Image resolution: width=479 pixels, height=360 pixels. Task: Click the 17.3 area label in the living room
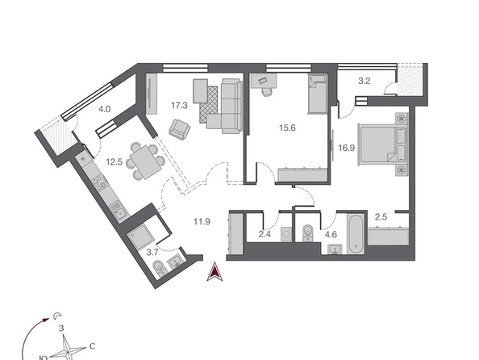coord(179,106)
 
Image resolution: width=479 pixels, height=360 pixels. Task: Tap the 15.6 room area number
coord(287,128)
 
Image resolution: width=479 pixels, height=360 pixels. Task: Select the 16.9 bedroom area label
coord(347,148)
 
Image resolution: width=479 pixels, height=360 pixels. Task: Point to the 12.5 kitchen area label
coord(115,161)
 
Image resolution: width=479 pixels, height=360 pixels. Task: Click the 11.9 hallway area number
coord(202,221)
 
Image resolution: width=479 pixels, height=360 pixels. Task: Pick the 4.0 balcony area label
coord(105,109)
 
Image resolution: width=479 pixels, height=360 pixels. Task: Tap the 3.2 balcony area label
coord(364,81)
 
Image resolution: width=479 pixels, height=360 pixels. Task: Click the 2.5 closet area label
coord(381,217)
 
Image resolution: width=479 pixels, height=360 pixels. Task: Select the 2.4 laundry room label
coord(264,234)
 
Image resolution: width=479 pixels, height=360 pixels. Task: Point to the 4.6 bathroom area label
coord(331,235)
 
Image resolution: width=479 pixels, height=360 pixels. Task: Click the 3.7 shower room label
coord(152,253)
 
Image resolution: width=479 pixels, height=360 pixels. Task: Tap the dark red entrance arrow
coord(215,271)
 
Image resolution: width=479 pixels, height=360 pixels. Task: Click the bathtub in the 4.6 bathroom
coord(356,234)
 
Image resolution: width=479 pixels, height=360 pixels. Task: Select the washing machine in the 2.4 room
coord(286,234)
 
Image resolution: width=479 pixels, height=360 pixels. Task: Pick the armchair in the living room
coord(180,129)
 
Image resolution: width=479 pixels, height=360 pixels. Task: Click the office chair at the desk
coord(267,91)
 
